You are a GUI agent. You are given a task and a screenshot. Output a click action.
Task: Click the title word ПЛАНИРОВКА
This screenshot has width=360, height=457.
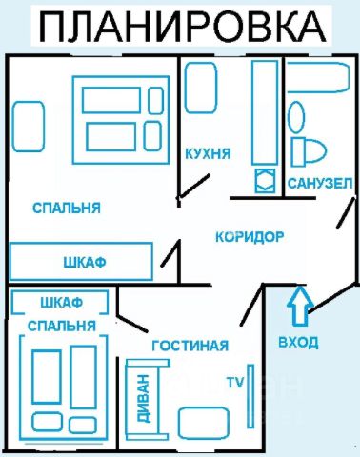[183, 27]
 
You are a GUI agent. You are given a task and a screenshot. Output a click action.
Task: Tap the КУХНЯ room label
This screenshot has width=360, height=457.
[208, 154]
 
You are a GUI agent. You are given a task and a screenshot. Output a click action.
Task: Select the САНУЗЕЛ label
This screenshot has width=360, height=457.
[320, 184]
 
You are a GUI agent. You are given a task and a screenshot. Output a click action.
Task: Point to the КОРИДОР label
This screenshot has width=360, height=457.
[250, 237]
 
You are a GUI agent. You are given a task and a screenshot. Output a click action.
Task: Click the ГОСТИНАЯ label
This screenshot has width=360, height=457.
[190, 346]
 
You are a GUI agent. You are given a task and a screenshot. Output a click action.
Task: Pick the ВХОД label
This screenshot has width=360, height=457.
[298, 343]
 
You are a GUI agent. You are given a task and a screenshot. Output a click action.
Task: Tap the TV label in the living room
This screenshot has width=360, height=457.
[235, 382]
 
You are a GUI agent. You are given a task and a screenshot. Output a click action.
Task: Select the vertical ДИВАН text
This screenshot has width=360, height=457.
[143, 398]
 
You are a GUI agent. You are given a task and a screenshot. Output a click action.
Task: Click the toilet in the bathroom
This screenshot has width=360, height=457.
[309, 152]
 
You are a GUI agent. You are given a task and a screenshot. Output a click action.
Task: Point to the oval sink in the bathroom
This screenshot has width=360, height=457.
[296, 117]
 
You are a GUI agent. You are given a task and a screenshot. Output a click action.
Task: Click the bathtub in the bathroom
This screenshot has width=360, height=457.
[318, 77]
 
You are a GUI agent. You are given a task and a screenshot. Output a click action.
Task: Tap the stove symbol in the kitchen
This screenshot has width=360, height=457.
[265, 181]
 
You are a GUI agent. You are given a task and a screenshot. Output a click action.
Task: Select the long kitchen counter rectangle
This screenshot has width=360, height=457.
[265, 112]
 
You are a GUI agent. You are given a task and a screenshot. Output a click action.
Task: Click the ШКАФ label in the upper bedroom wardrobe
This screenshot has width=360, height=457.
[85, 263]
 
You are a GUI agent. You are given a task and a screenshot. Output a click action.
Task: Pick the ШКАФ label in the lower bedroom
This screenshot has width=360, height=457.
[62, 303]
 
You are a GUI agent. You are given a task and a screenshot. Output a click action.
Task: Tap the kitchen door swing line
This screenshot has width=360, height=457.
[193, 186]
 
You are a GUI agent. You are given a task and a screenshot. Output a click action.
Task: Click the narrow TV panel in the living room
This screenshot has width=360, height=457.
[250, 396]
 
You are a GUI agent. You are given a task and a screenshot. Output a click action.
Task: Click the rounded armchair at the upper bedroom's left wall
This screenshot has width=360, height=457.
[29, 127]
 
